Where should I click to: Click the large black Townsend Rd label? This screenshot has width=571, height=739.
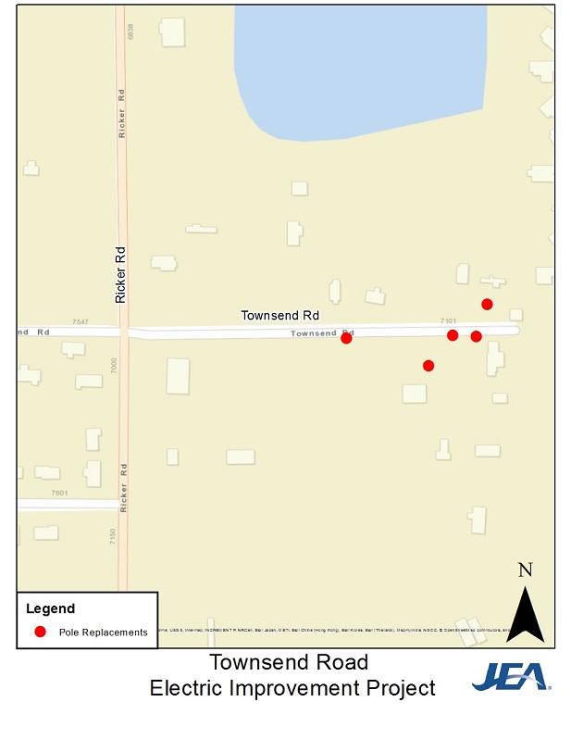tap(279, 315)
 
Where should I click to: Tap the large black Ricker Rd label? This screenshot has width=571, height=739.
tap(120, 274)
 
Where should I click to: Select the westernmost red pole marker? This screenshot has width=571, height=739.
tap(346, 339)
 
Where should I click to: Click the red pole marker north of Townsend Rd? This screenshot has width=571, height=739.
tap(487, 304)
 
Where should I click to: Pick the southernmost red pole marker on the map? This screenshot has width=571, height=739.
tap(428, 366)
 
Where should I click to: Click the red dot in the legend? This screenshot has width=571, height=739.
tap(40, 632)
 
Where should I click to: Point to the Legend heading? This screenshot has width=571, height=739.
tap(50, 608)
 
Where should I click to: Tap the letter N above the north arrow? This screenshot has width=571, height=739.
tap(525, 570)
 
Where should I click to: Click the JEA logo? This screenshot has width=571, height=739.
tap(511, 678)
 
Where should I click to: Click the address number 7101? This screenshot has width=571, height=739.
tap(449, 320)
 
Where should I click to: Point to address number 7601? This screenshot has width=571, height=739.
tap(60, 494)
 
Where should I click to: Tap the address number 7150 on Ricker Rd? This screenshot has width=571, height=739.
tap(113, 537)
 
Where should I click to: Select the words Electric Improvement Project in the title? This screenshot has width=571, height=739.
tap(293, 688)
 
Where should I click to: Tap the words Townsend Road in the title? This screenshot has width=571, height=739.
tap(289, 662)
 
